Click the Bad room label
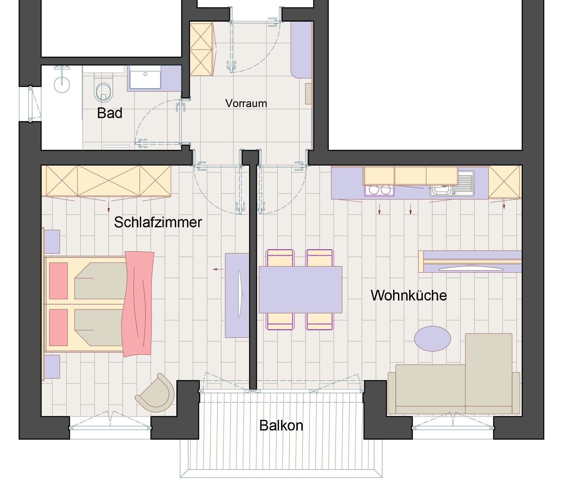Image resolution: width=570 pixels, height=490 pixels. pyautogui.click(x=110, y=113)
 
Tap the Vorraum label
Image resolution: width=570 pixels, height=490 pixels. pyautogui.click(x=246, y=103)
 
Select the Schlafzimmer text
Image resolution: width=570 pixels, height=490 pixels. pyautogui.click(x=158, y=222)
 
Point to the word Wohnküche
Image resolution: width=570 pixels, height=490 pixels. pyautogui.click(x=409, y=295)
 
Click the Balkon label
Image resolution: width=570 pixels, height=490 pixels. pyautogui.click(x=281, y=425)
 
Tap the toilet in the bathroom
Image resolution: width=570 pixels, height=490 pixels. pyautogui.click(x=104, y=88)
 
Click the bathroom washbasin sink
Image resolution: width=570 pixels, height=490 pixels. pyautogui.click(x=145, y=80)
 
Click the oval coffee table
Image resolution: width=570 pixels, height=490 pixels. pyautogui.click(x=432, y=339)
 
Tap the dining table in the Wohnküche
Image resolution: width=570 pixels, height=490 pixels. pyautogui.click(x=300, y=290)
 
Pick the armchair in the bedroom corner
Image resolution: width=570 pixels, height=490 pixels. pyautogui.click(x=156, y=393)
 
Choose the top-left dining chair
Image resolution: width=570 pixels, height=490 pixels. pyautogui.click(x=280, y=258)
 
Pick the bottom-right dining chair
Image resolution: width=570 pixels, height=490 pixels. pyautogui.click(x=320, y=321)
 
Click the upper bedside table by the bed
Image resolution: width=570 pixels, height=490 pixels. pyautogui.click(x=52, y=241)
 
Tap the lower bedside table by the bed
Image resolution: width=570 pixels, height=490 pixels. pyautogui.click(x=52, y=366)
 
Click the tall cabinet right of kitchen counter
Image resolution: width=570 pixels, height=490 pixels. pyautogui.click(x=505, y=182)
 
